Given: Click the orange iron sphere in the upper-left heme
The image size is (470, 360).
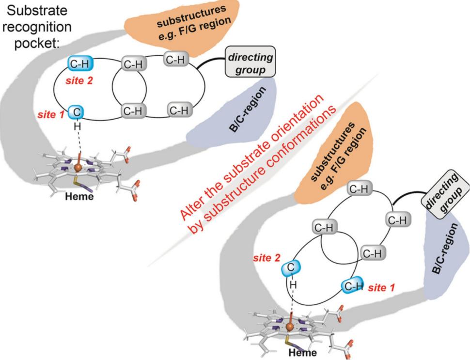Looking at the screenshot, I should (78, 168).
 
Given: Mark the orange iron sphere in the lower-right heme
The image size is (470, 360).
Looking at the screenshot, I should (290, 328).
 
